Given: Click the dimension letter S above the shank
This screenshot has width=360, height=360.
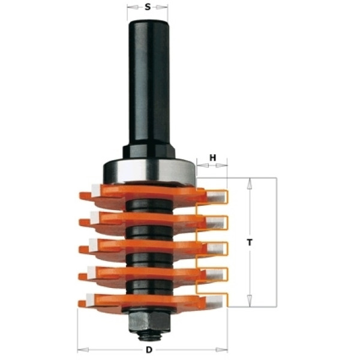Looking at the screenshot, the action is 148,7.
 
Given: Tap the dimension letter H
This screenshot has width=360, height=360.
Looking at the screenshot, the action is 213,158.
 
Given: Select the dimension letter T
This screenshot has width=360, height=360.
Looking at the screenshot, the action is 250,242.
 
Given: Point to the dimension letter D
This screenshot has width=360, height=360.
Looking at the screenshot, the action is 149,350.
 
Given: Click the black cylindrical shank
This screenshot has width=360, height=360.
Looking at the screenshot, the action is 149,83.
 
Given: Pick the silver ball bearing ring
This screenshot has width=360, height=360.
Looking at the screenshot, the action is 149,170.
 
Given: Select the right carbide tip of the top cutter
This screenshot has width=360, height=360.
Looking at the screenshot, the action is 216,197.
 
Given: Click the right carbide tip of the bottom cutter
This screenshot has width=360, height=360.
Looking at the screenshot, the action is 215,301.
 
